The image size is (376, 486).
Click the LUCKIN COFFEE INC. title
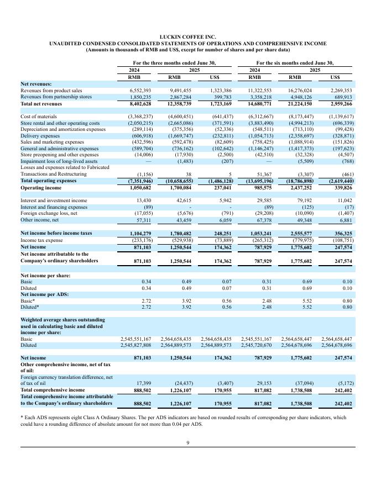point(187,36)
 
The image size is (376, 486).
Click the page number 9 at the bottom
point(188,442)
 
